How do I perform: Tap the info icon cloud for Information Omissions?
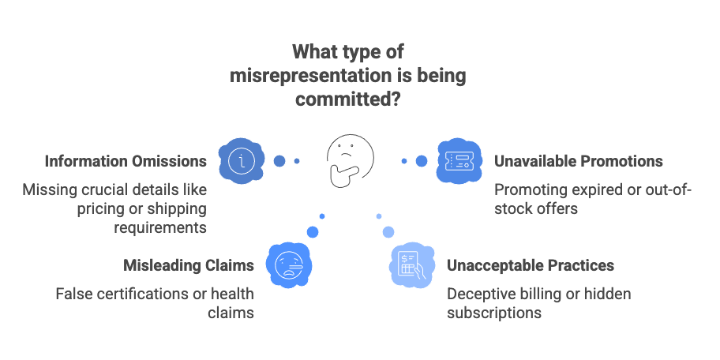[242, 160]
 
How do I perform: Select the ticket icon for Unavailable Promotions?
[458, 161]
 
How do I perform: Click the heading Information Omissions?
[126, 161]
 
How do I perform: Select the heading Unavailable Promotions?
[578, 161]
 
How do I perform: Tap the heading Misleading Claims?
[188, 264]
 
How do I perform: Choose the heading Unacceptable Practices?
[530, 264]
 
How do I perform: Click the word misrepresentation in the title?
[304, 76]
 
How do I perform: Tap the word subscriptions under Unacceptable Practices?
[494, 313]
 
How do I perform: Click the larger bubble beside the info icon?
[279, 161]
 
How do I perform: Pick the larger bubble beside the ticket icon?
[422, 161]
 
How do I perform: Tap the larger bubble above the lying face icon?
[313, 231]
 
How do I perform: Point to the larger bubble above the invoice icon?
[388, 231]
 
